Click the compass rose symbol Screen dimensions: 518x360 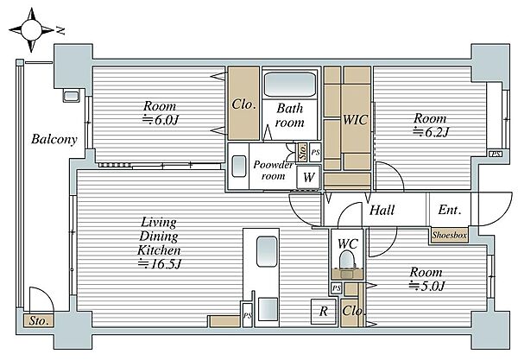[x=31, y=30]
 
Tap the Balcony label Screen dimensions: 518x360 [x=54, y=139]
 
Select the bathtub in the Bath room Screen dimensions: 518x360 [x=290, y=85]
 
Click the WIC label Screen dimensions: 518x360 [x=355, y=119]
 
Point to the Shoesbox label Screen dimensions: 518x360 [x=449, y=236]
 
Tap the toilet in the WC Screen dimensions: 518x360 [x=347, y=259]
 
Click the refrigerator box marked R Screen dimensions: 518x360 [x=324, y=311]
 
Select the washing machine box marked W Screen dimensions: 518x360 [x=308, y=177]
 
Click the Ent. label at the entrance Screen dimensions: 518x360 [x=450, y=210]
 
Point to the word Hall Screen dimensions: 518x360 [x=382, y=210]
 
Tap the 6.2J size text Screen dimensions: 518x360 [x=431, y=132]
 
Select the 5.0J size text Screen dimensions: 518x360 [x=427, y=286]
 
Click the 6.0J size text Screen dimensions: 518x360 [x=161, y=120]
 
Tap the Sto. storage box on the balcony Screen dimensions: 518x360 [x=39, y=320]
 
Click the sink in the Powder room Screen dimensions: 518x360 [x=239, y=166]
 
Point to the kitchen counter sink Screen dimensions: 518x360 [x=267, y=251]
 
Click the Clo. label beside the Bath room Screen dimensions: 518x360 [x=243, y=104]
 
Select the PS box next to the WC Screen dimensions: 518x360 [x=337, y=288]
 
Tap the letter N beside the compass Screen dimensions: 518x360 [x=60, y=31]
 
